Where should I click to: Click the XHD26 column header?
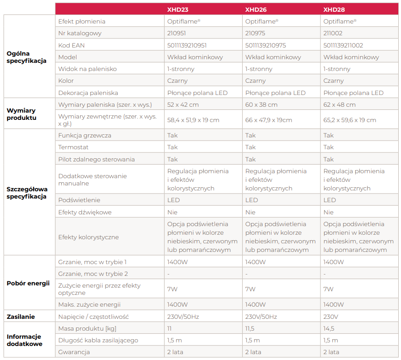click(x=256, y=9)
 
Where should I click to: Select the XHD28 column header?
click(x=334, y=9)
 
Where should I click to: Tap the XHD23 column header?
click(x=178, y=9)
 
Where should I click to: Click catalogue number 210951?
click(x=177, y=33)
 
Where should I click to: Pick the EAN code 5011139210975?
click(x=265, y=45)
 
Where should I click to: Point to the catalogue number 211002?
click(x=333, y=33)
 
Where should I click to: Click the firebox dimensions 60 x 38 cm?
click(x=261, y=104)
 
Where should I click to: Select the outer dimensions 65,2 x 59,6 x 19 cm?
click(x=349, y=120)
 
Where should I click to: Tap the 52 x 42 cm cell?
click(x=183, y=104)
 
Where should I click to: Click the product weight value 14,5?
click(x=329, y=328)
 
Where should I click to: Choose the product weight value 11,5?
click(x=250, y=328)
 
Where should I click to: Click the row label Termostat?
click(x=73, y=147)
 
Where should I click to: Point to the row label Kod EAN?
click(x=72, y=45)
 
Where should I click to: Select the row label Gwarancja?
click(x=74, y=352)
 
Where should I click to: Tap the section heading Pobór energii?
click(x=28, y=284)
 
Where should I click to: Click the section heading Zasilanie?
click(x=21, y=317)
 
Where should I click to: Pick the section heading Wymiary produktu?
click(x=21, y=114)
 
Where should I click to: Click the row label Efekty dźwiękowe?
click(x=85, y=212)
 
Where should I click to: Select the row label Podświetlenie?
click(x=79, y=200)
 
